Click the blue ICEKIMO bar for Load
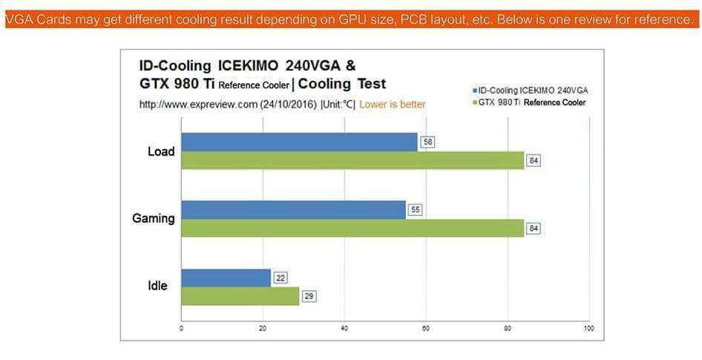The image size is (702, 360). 299,142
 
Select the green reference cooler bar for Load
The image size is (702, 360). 352,160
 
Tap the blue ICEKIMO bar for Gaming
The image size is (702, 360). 293,209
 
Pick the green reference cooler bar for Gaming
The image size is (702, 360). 352,228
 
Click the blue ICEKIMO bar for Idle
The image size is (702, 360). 226,278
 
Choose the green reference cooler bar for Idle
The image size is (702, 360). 240,296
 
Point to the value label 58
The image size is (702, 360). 427,142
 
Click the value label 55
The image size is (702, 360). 415,209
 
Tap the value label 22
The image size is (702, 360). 280,278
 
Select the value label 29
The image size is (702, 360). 309,296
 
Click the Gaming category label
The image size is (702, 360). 154,218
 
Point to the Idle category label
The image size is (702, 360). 157,286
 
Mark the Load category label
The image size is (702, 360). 161,151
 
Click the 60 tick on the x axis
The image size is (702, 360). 426,327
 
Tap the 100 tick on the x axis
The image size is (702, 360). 588,327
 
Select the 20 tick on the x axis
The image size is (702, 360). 263,327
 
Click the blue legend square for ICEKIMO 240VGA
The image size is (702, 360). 474,91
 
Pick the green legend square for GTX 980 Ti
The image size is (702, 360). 474,102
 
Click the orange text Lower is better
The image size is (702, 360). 393,105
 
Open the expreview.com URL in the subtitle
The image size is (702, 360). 198,105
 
